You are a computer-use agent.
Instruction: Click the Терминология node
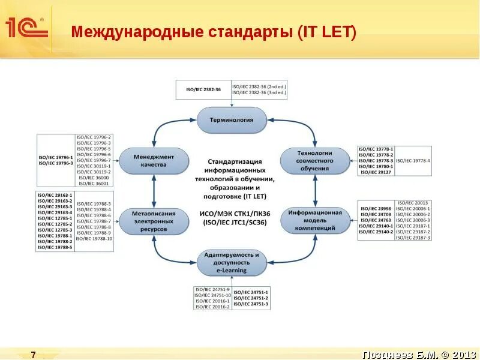point(231,119)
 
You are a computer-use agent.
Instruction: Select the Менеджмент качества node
point(154,161)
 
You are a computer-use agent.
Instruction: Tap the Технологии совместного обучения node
point(315,161)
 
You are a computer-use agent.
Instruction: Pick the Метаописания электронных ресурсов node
point(154,221)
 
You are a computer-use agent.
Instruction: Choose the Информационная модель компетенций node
point(315,221)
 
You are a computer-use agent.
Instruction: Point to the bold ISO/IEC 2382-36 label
point(203,89)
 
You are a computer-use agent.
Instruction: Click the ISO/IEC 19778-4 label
point(413,161)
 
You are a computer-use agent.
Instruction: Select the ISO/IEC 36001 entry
point(94,183)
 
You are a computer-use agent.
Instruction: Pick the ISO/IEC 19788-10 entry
point(94,239)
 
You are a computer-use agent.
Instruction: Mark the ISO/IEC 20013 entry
point(413,203)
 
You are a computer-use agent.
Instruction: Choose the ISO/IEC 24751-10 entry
point(212,295)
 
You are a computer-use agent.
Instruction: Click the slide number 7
point(34,355)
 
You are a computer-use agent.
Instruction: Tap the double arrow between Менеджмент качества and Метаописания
point(154,191)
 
